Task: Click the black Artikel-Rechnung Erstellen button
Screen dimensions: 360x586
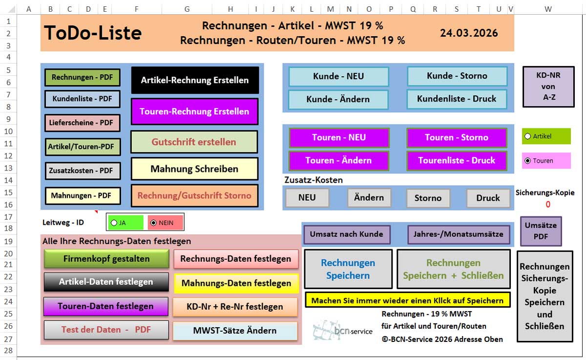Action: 195,80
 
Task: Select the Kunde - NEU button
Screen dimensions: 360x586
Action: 338,76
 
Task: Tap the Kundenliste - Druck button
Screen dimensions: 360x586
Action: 457,99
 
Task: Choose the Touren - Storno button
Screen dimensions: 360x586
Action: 457,137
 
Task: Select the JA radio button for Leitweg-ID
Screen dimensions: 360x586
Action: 114,223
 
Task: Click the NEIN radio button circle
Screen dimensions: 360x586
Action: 154,223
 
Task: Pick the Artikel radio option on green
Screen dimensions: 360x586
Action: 527,136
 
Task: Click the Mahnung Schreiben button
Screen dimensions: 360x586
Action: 194,169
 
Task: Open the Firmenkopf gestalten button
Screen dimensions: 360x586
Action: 106,259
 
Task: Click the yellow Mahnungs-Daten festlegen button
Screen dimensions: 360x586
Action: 236,283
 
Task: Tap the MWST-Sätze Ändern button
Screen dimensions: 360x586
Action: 235,331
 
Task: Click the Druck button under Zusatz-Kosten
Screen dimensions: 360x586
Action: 488,198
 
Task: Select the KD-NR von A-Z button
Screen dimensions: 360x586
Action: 548,86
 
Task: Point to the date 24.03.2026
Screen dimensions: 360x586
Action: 469,33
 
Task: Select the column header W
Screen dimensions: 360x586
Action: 548,9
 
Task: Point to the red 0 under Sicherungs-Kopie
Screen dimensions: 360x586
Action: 548,205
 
